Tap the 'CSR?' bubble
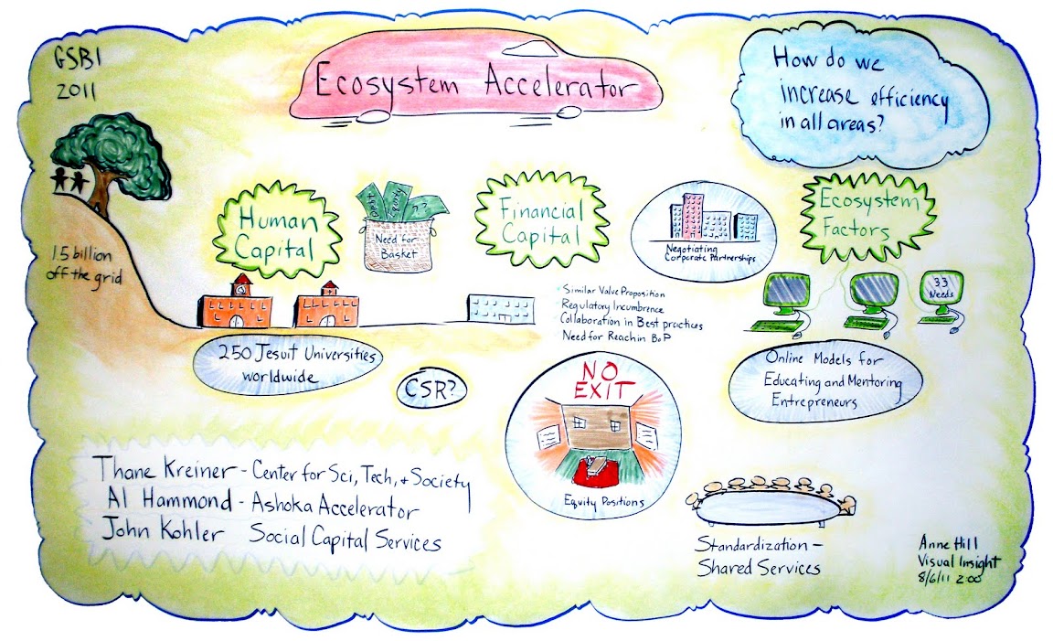point(431,390)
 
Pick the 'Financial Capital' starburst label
point(528,222)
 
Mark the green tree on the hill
point(112,156)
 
